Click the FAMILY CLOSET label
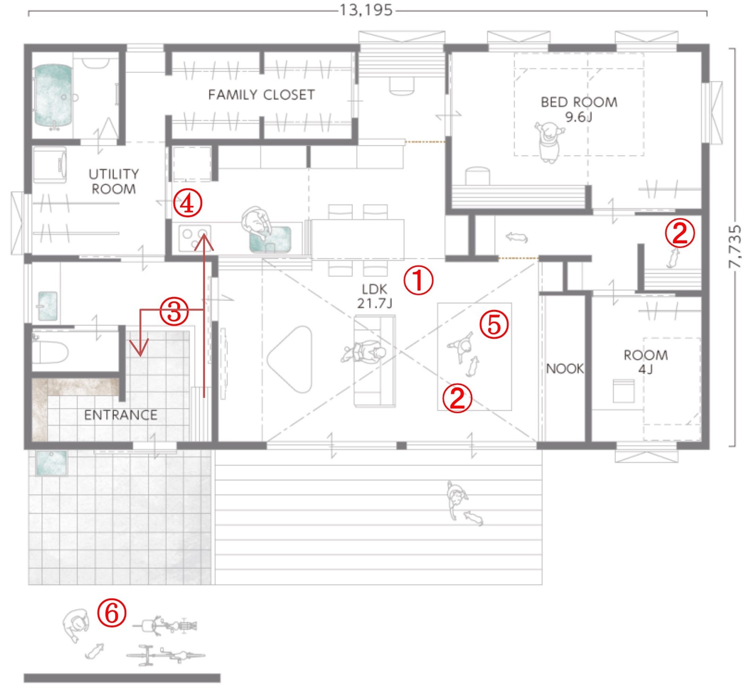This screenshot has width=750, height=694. [261, 95]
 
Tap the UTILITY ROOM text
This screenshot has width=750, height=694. [114, 181]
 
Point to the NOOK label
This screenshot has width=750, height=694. [565, 369]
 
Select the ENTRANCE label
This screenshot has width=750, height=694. [121, 415]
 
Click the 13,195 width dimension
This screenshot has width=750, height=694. [366, 10]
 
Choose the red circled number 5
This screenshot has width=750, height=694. [494, 324]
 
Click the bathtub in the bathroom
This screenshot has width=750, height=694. [53, 96]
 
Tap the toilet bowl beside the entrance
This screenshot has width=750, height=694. [51, 352]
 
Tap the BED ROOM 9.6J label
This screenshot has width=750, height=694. [579, 109]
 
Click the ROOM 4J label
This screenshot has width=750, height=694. [646, 362]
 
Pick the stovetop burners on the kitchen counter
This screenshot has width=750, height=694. [195, 238]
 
